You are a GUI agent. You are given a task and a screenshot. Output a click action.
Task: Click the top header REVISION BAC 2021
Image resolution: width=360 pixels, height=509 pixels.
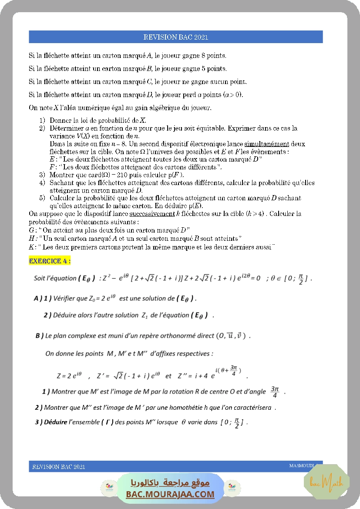coord(176,37)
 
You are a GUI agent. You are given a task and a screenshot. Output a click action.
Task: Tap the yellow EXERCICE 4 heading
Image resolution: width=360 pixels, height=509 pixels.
coord(50,261)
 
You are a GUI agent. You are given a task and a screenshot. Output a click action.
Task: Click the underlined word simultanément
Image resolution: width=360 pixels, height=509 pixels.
coord(266,144)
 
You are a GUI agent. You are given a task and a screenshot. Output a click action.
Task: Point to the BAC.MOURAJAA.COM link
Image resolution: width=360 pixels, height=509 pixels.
coord(170,494)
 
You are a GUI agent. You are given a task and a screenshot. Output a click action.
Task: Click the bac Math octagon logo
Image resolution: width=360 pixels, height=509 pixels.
coord(326,482)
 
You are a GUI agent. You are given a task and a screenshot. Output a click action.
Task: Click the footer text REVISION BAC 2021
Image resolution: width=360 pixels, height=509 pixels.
coord(58,467)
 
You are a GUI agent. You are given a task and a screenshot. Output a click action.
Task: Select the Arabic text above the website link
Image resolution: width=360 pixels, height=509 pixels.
coord(171,483)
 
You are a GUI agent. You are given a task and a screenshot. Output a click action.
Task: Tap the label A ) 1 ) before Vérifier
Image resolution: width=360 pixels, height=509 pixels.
coord(43,299)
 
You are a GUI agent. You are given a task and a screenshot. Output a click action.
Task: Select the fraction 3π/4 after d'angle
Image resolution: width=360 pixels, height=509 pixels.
coord(274,391)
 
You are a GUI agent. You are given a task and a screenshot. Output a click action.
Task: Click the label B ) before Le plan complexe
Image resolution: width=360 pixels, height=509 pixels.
coord(39,336)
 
